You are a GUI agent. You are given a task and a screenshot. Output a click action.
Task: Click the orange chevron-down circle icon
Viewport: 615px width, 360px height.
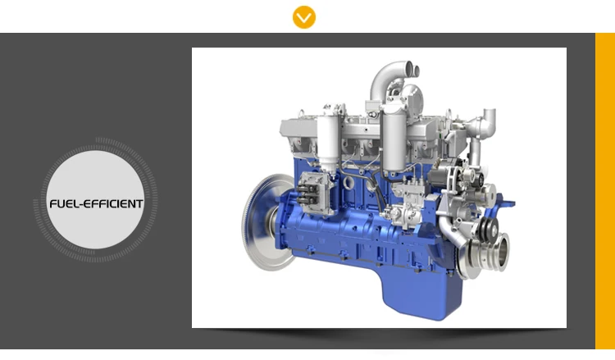[x=304, y=17]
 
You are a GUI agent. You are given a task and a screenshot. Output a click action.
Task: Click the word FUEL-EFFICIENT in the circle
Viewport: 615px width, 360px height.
[x=96, y=204]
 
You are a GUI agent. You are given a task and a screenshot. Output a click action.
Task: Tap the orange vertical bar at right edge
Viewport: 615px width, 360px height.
[x=605, y=191]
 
